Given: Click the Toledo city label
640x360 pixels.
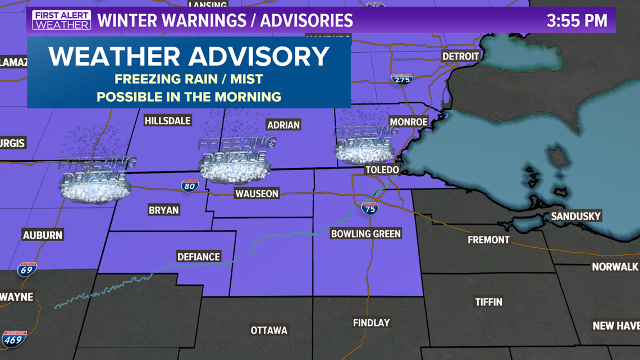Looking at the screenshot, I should [x=382, y=170].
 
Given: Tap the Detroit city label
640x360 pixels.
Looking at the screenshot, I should [x=460, y=56].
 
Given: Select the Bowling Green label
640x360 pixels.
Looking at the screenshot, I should [x=366, y=234].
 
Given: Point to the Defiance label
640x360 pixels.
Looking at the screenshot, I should [x=198, y=257].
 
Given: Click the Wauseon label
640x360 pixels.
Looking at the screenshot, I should [x=257, y=194].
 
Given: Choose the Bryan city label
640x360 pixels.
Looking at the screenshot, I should [x=163, y=210].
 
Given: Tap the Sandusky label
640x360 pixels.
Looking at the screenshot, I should [x=575, y=216].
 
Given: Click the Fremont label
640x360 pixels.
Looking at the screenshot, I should [x=488, y=240].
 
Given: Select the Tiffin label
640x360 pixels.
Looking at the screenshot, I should [x=488, y=302].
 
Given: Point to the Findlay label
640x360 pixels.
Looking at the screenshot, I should [x=371, y=323].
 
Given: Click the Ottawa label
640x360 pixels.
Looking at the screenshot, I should [x=269, y=330].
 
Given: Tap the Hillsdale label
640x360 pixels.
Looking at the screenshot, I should [x=167, y=121].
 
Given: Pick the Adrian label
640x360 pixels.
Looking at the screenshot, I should [x=284, y=125].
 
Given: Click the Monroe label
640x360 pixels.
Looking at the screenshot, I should [x=408, y=122].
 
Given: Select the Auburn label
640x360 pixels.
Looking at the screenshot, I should [x=43, y=235].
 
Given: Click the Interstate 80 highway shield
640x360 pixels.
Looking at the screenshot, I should [x=189, y=186].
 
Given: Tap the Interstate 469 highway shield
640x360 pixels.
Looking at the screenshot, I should [x=13, y=339].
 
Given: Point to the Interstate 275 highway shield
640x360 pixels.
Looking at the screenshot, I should [x=401, y=79].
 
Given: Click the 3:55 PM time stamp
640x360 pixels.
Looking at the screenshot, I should [x=577, y=21].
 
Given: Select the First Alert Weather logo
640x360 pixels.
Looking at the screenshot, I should [x=61, y=20].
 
